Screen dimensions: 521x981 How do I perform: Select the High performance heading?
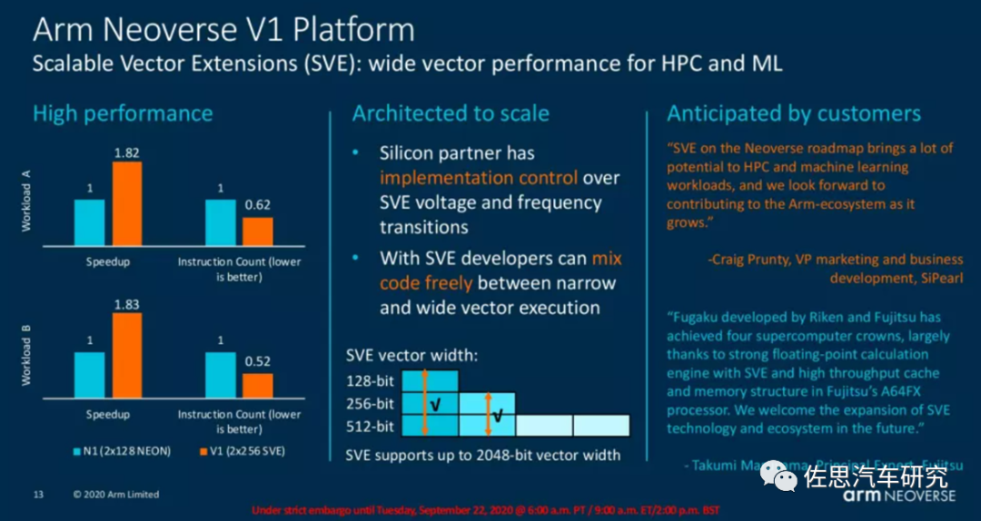tap(123, 113)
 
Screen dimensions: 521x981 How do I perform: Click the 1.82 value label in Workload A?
tap(126, 153)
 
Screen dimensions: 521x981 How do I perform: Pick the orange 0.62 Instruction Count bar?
tap(257, 231)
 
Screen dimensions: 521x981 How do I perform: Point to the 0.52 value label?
tap(257, 362)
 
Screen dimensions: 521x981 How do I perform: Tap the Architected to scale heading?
tap(451, 113)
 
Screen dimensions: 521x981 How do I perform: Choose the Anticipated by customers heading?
tap(794, 113)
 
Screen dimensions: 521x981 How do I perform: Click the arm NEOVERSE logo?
tap(899, 496)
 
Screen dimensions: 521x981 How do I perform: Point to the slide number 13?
tap(39, 495)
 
